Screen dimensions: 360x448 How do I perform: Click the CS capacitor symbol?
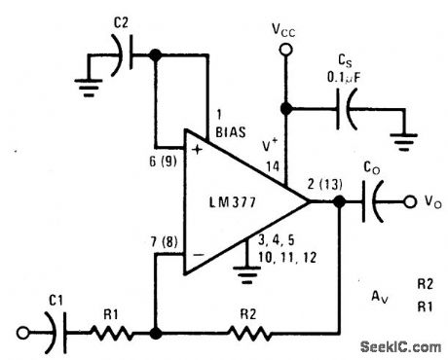click(347, 110)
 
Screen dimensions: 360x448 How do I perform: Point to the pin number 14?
click(272, 168)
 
